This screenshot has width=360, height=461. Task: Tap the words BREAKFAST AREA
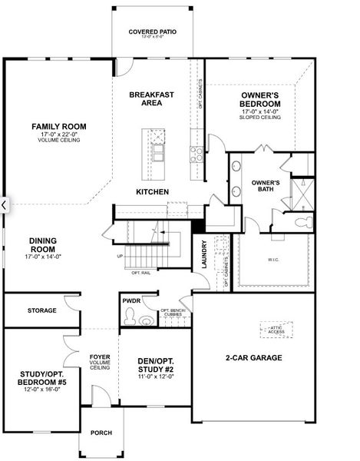151,98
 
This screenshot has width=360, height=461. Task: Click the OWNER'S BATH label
265,185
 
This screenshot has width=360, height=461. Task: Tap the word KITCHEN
152,191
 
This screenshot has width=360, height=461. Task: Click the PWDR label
131,302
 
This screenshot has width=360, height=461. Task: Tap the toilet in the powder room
130,317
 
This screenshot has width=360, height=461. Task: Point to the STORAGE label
41,310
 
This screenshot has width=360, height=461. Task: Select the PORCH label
101,433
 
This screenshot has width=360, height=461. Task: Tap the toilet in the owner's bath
302,222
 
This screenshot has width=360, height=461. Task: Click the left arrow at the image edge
5,205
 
